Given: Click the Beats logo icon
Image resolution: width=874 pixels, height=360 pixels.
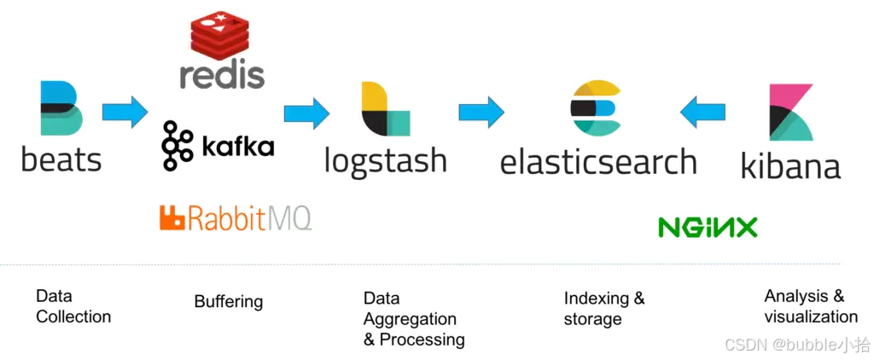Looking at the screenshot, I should click(61, 108).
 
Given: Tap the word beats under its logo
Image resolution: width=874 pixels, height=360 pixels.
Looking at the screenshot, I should click(61, 159).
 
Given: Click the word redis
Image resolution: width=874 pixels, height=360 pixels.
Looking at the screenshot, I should click(222, 74).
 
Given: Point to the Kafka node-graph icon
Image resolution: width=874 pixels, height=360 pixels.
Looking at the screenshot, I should click(177, 145).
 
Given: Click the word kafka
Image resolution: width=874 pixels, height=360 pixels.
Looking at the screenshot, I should click(238, 146).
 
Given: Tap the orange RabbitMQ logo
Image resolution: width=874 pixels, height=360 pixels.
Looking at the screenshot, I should click(235, 218).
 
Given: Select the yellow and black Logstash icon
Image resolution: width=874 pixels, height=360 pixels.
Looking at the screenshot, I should click(385, 109).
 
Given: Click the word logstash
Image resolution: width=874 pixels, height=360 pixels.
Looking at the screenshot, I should click(385, 160).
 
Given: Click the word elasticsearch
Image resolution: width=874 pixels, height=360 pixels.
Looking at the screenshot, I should click(597, 161).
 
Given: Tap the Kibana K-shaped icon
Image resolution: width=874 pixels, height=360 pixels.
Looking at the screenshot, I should click(790, 112).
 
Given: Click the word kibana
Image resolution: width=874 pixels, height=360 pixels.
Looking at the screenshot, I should click(790, 165).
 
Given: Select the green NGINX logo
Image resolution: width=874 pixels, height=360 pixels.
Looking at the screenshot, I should click(708, 227).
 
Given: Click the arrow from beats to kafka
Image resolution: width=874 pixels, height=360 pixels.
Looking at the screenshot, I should click(125, 112).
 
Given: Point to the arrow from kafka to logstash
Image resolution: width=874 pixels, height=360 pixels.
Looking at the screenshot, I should click(306, 112).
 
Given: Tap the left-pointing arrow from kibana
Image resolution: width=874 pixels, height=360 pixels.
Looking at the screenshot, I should click(702, 112).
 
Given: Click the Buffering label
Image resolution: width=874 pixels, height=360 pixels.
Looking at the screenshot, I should click(228, 301).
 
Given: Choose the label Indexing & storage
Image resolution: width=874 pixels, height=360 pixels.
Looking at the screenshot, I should click(604, 309).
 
